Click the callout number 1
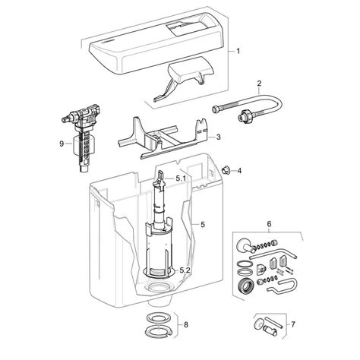coord(239,52)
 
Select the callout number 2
coord(259,83)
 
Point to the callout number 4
coord(239,170)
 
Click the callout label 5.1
coord(182,178)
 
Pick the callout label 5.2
coord(184,270)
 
